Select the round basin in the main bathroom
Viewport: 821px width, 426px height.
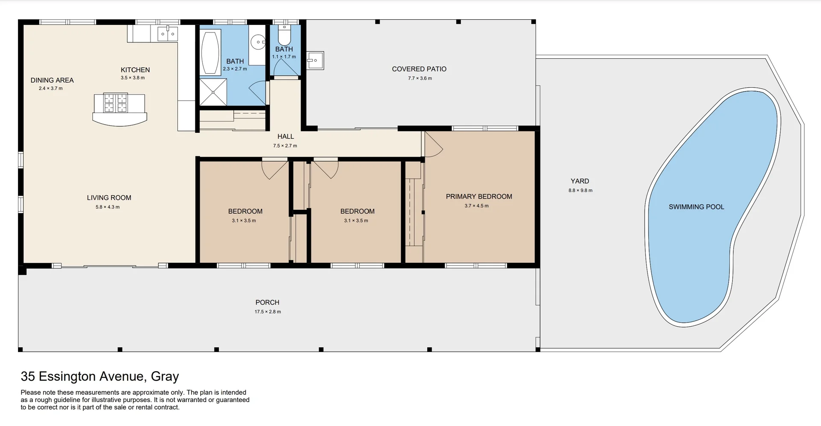tap(258, 42)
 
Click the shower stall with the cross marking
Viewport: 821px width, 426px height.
tap(213, 92)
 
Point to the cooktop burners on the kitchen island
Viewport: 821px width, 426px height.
tap(116, 103)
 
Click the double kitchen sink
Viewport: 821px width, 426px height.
tap(167, 33)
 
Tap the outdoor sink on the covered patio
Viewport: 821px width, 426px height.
tap(315, 60)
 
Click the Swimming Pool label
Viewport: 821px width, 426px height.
tap(696, 207)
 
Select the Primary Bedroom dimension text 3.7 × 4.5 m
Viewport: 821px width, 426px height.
tap(476, 206)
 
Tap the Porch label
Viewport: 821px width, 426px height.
tap(267, 302)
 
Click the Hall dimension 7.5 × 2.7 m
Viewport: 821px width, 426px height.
tap(285, 146)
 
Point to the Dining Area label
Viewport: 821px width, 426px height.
tap(52, 80)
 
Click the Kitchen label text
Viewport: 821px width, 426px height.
tap(135, 70)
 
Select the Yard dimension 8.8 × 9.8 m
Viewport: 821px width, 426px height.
tap(580, 191)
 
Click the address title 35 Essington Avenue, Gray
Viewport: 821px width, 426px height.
tap(100, 376)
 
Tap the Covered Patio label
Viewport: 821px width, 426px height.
tap(419, 69)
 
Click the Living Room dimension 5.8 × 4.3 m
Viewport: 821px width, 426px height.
tap(108, 207)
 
